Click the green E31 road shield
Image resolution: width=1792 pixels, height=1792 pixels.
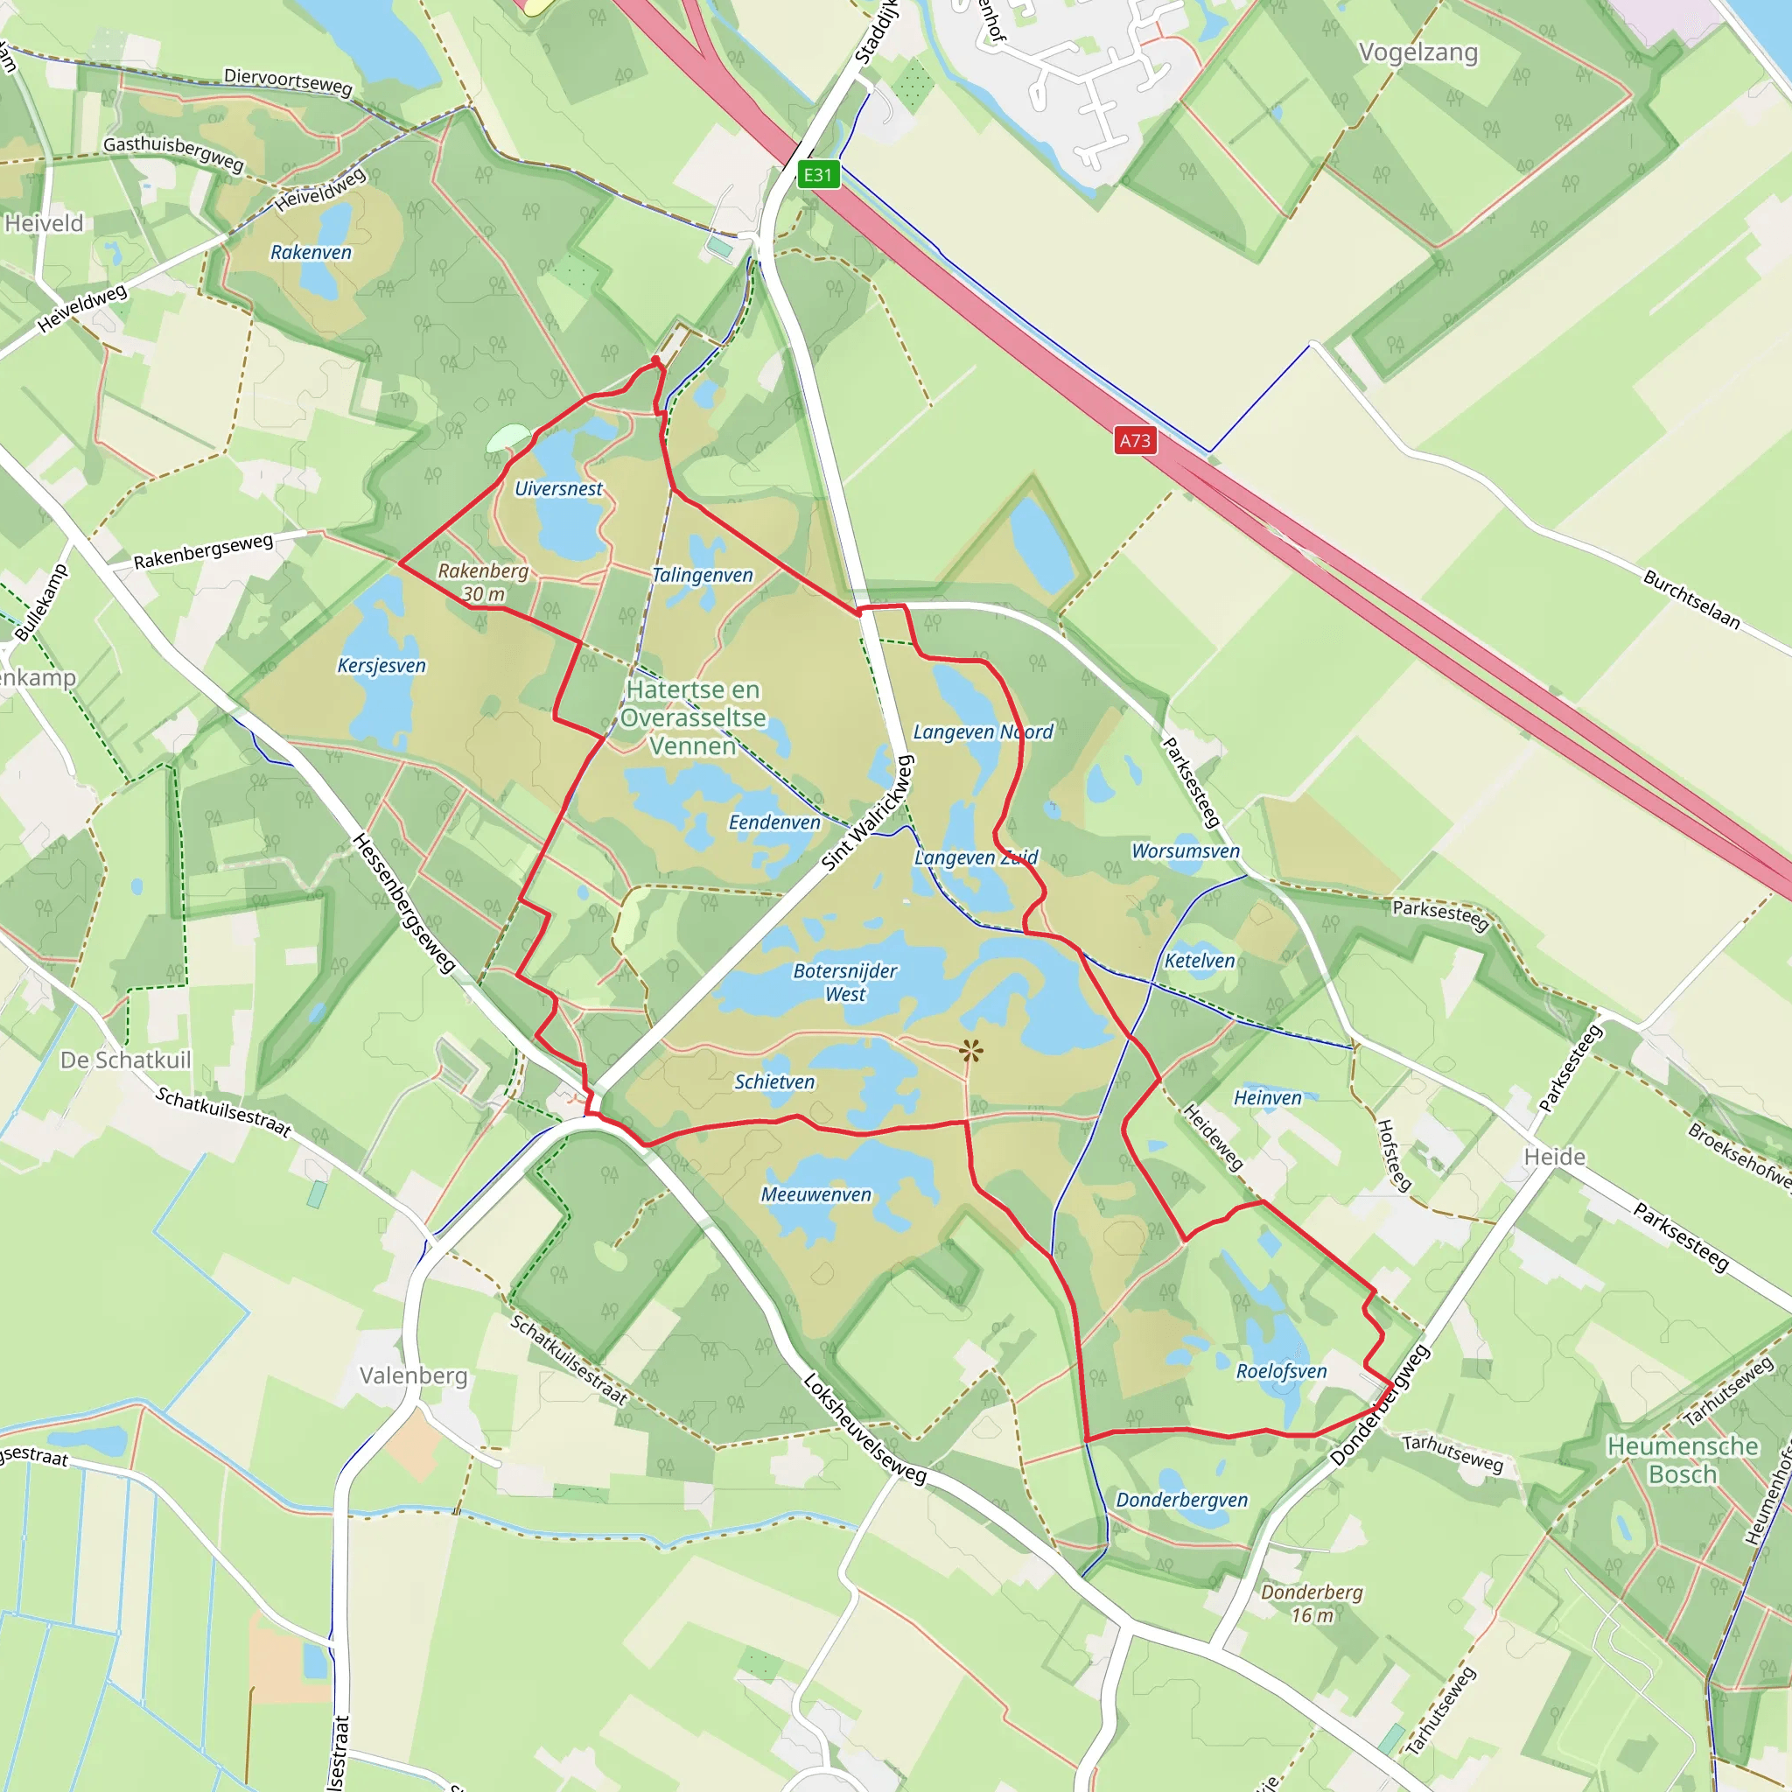tap(817, 174)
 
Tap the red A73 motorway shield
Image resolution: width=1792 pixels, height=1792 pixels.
tap(1134, 441)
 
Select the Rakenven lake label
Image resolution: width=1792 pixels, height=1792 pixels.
tap(311, 252)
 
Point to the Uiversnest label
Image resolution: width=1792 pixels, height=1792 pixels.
tap(558, 489)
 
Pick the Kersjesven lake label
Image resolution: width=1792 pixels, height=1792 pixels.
tap(381, 666)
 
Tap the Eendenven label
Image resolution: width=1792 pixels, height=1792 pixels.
tap(774, 822)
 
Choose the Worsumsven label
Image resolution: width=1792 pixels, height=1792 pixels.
tap(1186, 851)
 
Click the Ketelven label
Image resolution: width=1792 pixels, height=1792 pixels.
tap(1200, 961)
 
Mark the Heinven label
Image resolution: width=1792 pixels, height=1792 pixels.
tap(1267, 1098)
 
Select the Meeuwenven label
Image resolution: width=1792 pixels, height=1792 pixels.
tap(816, 1194)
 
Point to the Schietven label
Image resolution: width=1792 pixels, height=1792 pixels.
tap(774, 1082)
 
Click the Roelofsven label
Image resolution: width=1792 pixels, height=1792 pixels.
tap(1281, 1371)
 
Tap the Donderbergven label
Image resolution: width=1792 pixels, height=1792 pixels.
tap(1181, 1500)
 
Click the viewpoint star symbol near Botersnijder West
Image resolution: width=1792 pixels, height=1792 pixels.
tap(971, 1051)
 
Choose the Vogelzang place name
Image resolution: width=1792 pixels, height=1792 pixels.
tap(1417, 52)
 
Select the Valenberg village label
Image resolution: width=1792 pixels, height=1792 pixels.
tap(413, 1375)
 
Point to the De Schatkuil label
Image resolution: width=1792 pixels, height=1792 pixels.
tap(125, 1060)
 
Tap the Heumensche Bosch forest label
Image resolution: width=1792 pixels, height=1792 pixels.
tap(1683, 1460)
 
